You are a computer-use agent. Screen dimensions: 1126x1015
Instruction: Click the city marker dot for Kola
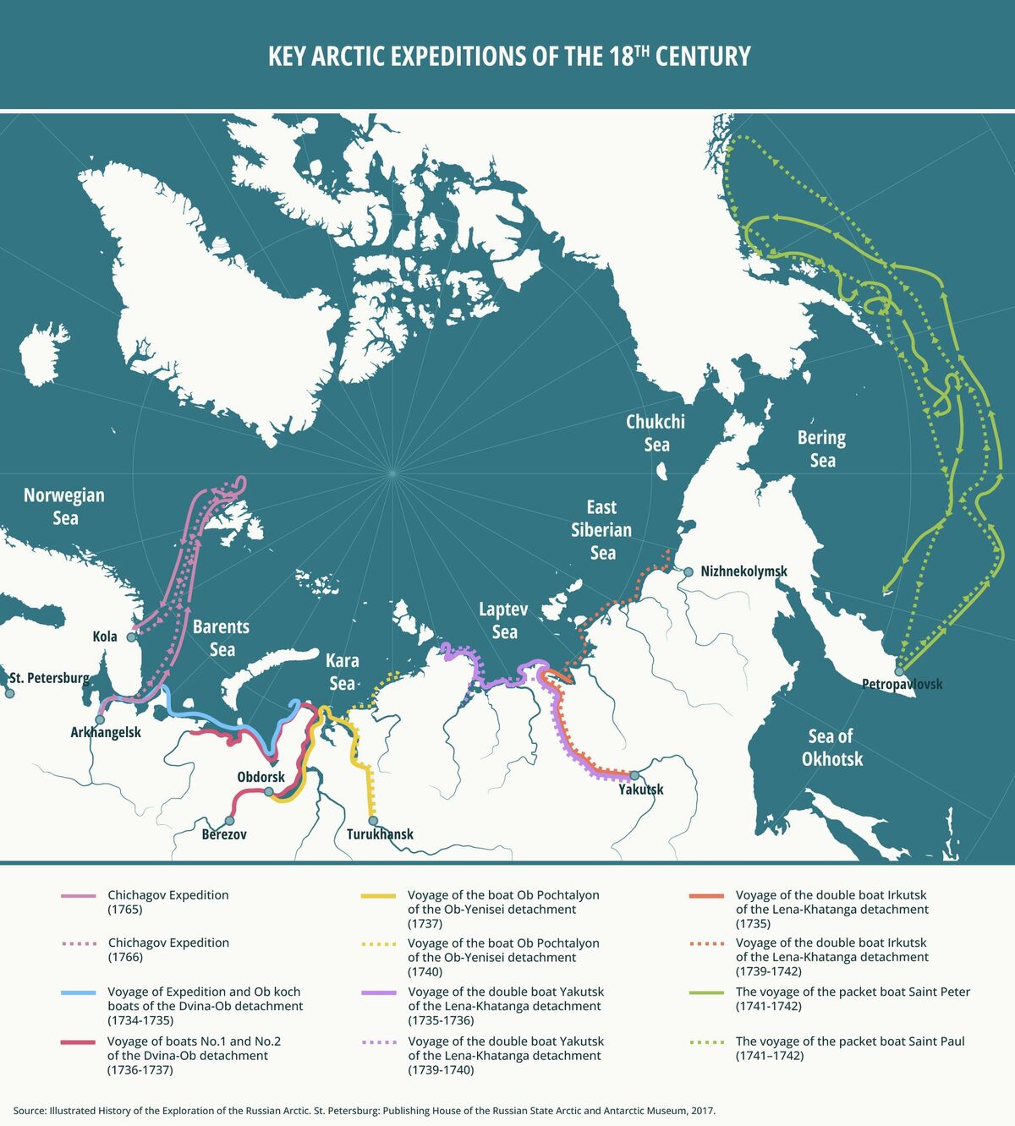(131, 637)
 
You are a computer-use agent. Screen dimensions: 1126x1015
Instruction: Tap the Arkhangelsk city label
(106, 732)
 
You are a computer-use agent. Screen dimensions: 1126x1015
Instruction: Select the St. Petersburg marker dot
(9, 693)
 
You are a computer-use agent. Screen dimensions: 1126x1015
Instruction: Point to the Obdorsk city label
(261, 776)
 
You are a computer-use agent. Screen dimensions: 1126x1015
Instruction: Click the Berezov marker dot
(229, 821)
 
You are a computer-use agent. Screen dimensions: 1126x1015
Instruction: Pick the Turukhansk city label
(380, 834)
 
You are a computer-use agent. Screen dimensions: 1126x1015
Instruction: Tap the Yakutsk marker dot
(634, 775)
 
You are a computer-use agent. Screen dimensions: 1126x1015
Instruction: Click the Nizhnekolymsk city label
(743, 571)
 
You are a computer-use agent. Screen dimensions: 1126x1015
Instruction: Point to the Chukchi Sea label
(656, 433)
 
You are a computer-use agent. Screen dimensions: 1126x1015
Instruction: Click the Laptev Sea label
(503, 620)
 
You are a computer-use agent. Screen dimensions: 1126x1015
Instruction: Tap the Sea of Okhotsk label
(831, 747)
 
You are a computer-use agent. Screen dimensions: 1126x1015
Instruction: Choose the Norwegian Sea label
(64, 506)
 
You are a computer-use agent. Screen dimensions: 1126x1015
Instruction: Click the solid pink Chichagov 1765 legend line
(79, 895)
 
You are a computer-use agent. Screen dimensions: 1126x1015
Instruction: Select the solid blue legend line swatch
(79, 992)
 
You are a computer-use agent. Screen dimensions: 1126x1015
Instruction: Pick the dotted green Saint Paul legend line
(706, 1041)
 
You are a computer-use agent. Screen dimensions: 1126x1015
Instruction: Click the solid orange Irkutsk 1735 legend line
(706, 895)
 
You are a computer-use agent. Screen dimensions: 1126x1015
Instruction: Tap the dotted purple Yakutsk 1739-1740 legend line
(378, 1041)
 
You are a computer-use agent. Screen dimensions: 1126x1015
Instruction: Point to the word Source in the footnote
(29, 1110)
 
